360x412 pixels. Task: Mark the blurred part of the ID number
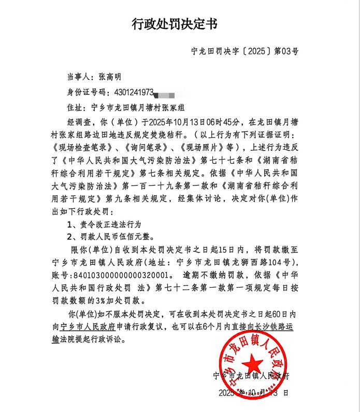click(x=168, y=93)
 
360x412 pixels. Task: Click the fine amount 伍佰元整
click(x=137, y=236)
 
